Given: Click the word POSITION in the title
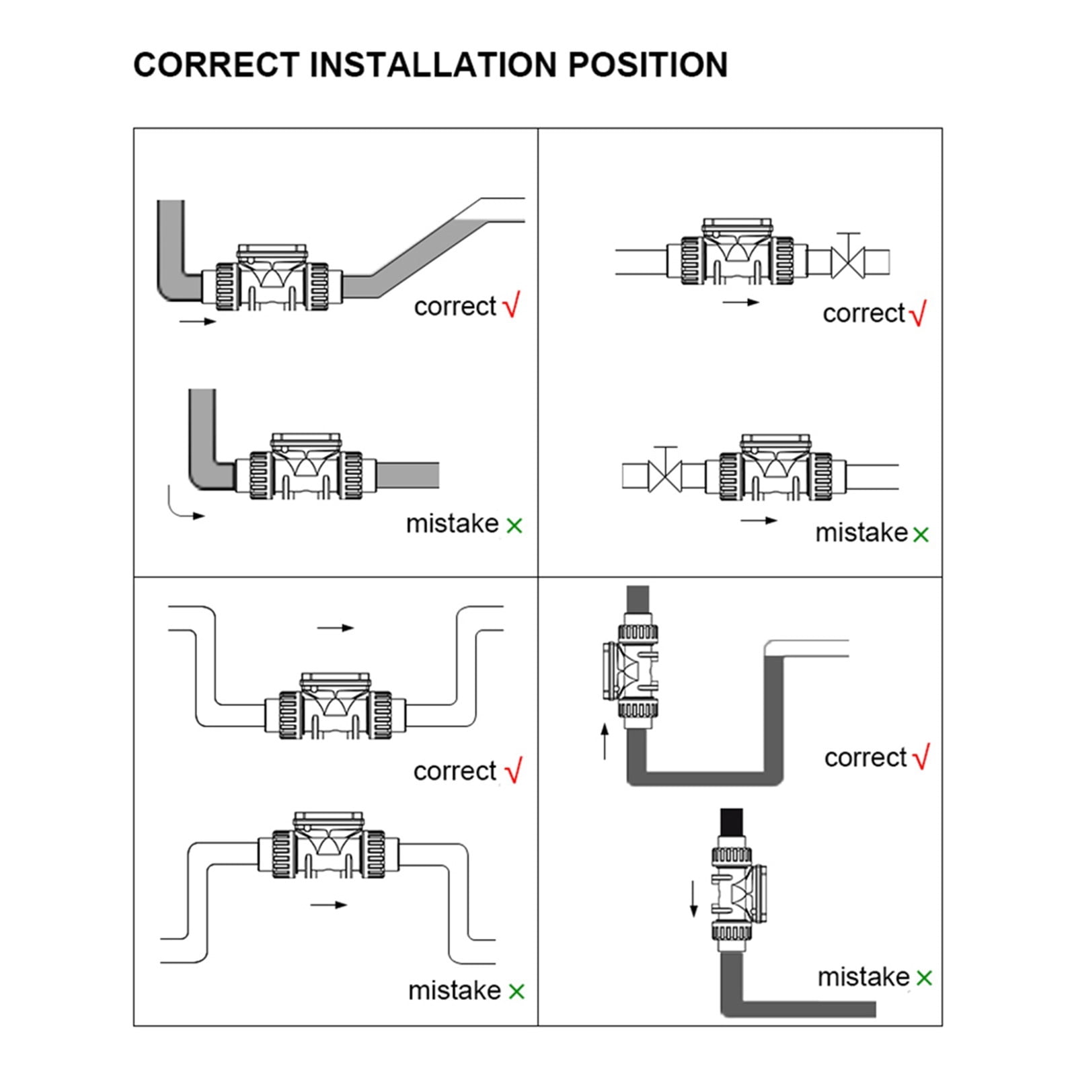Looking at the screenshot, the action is [x=648, y=65].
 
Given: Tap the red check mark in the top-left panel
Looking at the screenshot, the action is [x=512, y=305].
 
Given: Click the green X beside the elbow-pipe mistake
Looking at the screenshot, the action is [x=514, y=525].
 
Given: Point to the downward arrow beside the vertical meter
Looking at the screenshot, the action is [x=694, y=899].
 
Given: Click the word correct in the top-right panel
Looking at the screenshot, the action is [x=864, y=313].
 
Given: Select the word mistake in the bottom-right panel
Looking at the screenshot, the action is [x=863, y=976].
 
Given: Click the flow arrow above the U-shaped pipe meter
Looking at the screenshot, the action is [x=336, y=628].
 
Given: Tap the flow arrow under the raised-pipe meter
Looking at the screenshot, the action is [x=329, y=905].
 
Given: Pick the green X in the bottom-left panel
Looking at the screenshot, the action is [x=516, y=991].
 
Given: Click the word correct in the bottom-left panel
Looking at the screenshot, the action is [x=455, y=771].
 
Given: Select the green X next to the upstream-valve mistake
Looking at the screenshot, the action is [x=921, y=535].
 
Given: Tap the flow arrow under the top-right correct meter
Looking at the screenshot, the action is [x=741, y=303].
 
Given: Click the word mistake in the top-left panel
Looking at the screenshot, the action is [x=453, y=523].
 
